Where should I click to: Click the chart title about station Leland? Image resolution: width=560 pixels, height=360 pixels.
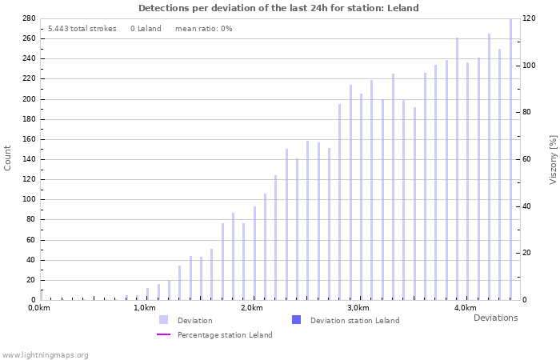tap(278, 8)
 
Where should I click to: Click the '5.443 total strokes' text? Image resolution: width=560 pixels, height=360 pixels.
tap(82, 29)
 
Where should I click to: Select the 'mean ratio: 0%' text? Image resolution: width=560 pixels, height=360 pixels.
tap(203, 29)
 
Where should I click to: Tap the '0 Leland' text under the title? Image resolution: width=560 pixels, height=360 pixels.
tap(146, 29)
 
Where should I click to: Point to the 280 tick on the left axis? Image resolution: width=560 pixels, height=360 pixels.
tap(27, 18)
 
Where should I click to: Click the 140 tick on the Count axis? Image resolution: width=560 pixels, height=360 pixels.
tap(27, 159)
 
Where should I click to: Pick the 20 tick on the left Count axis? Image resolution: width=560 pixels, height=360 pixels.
tap(30, 280)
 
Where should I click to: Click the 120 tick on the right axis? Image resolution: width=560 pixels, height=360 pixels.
tap(530, 18)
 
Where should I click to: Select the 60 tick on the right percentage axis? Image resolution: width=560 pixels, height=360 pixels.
tap(528, 159)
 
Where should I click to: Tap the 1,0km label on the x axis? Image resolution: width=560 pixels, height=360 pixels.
tap(146, 308)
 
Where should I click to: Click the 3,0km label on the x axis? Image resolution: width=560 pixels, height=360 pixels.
tap(358, 308)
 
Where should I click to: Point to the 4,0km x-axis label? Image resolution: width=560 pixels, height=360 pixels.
tap(465, 308)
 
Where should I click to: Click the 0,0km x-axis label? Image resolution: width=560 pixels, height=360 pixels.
tap(39, 308)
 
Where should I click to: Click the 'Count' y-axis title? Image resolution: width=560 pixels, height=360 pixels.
tap(8, 158)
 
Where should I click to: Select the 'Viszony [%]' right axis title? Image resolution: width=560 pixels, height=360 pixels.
tap(552, 159)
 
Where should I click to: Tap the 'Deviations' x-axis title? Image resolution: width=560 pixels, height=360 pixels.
tap(495, 318)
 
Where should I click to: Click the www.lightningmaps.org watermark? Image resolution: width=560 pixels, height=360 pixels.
tap(45, 354)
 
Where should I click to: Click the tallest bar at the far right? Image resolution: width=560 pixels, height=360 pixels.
tap(510, 160)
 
